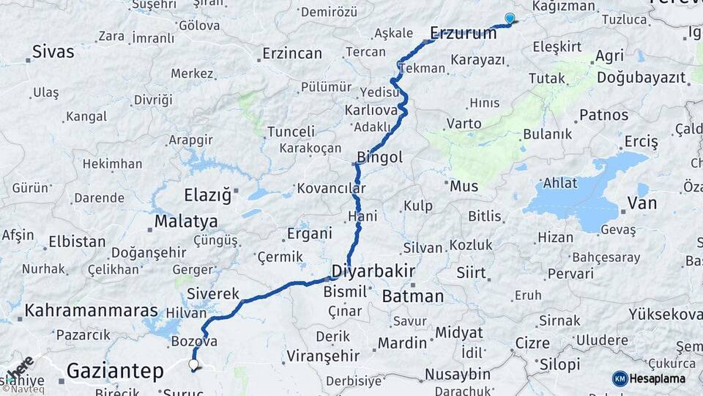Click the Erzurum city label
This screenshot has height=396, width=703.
[463, 32]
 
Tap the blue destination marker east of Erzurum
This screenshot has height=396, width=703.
[510, 19]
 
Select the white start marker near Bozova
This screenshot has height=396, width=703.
[193, 364]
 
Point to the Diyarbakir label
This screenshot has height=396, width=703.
[373, 271]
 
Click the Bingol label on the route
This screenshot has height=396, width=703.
[379, 157]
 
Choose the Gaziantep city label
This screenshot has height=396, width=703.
[115, 371]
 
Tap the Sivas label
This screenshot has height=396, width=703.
[53, 52]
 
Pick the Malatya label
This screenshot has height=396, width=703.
[186, 221]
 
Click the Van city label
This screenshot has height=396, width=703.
[642, 204]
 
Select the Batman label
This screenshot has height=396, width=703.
[412, 296]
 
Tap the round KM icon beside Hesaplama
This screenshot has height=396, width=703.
[620, 378]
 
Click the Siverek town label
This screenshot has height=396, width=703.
[213, 294]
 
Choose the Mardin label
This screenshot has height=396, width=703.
[402, 342]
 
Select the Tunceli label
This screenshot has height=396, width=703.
[291, 131]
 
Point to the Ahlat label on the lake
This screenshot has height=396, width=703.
[560, 183]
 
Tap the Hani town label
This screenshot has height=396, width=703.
[363, 216]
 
